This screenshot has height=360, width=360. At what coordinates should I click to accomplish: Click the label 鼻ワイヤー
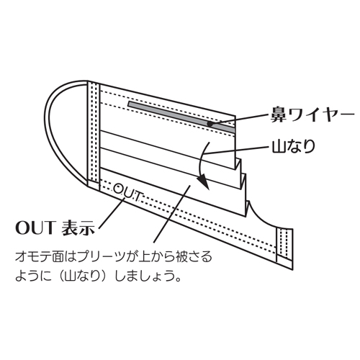coord(312,114)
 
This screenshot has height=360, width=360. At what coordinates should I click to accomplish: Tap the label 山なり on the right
coord(293,146)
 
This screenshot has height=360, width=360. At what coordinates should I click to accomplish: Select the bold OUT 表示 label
coord(55,228)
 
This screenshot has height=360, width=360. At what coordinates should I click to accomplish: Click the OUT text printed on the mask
coord(127,193)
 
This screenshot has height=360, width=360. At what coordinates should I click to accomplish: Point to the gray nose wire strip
coord(181,117)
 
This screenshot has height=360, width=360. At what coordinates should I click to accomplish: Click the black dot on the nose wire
coord(210,124)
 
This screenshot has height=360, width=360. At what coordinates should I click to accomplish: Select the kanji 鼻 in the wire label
coord(279,114)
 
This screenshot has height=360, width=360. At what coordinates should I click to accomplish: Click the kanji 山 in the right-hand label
coord(279,146)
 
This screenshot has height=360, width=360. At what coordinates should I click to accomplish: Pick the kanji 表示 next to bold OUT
coord(78,228)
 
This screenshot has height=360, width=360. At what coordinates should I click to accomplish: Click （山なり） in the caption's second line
coord(82,276)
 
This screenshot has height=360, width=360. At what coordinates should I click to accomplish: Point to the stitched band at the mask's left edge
coord(94,135)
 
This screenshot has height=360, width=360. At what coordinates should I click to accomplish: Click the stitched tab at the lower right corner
coord(285,249)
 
